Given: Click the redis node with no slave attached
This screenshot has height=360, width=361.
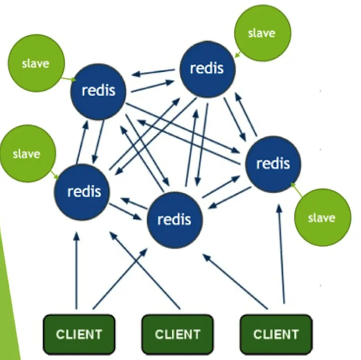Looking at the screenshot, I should (175, 219).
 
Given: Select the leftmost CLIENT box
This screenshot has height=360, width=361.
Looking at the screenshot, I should (79, 334).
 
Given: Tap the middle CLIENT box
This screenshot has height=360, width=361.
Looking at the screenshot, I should (178, 334).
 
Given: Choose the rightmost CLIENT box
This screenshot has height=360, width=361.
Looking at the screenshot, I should (276, 334).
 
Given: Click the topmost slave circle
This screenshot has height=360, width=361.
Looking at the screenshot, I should (262, 33).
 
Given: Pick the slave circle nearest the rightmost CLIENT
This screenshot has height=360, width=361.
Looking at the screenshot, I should (322, 217).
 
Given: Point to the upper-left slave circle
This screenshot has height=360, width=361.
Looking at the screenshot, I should (36, 63).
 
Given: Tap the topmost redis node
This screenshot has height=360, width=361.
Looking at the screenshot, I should (207, 69).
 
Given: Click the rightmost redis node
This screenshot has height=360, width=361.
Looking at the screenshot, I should (273, 164).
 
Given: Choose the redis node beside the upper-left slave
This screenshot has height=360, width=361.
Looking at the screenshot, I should (98, 91).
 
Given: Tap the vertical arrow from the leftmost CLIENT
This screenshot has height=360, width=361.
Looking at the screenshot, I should (76, 272).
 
